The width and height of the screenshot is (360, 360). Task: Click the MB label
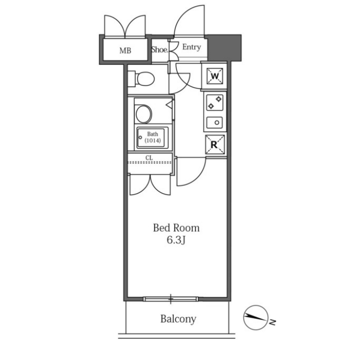pyautogui.click(x=125, y=50)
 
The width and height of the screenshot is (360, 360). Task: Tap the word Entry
pyautogui.click(x=191, y=47)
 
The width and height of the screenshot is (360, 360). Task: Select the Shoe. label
pyautogui.click(x=160, y=49)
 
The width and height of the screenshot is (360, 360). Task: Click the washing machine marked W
pyautogui.click(x=214, y=76)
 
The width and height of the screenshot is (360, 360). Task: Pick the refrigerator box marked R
pyautogui.click(x=214, y=145)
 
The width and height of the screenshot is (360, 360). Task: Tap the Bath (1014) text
pyautogui.click(x=152, y=137)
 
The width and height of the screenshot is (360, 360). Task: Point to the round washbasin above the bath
pyautogui.click(x=143, y=114)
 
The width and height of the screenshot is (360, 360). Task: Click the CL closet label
pyautogui.click(x=149, y=158)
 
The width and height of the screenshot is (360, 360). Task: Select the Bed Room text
pyautogui.click(x=176, y=228)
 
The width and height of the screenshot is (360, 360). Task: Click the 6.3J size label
pyautogui.click(x=176, y=240)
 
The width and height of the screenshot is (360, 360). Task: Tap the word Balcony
pyautogui.click(x=178, y=319)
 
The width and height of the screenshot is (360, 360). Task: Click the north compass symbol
pyautogui.click(x=256, y=317)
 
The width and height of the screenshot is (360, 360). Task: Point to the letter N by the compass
pyautogui.click(x=272, y=322)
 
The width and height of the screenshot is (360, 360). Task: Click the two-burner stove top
pyautogui.click(x=214, y=102)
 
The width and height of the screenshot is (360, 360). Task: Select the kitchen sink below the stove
pyautogui.click(x=214, y=122)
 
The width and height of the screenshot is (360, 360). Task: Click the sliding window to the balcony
pyautogui.click(x=171, y=299)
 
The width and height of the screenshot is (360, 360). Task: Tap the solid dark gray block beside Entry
pyautogui.click(x=224, y=48)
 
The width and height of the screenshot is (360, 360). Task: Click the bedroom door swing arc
pyautogui.click(x=200, y=177)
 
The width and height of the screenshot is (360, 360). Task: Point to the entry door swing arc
pyautogui.click(x=183, y=14)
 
